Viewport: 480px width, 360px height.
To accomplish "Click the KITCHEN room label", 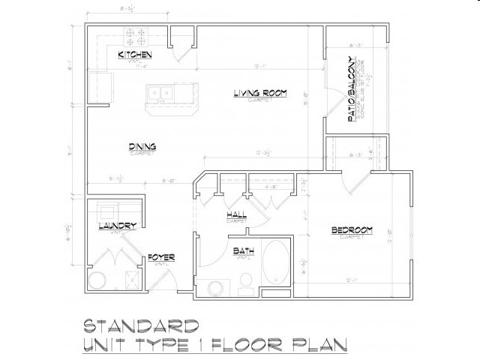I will (x=136, y=55).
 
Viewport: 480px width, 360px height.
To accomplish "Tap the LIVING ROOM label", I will (x=260, y=93).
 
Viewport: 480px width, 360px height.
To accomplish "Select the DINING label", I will (x=142, y=147).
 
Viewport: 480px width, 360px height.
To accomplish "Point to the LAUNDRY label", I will (x=116, y=226).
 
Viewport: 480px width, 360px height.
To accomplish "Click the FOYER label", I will (x=161, y=257).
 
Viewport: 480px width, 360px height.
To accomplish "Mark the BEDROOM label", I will (x=352, y=229).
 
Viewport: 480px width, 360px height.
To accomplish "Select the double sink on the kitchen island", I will (x=160, y=93).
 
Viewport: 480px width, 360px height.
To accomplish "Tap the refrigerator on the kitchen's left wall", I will (x=99, y=84).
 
